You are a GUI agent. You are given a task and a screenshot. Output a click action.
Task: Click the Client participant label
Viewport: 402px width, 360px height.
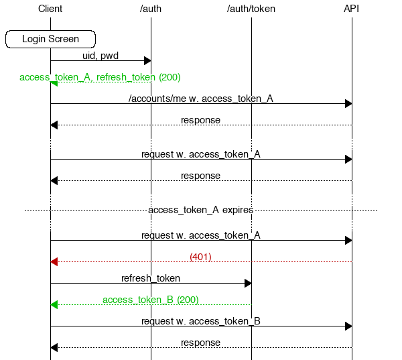(50, 9)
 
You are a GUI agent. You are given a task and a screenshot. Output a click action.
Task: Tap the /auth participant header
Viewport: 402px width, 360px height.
(151, 9)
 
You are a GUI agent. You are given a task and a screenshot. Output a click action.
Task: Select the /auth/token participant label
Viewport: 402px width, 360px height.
(251, 9)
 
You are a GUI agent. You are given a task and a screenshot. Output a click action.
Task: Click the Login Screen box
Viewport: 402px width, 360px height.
(50, 39)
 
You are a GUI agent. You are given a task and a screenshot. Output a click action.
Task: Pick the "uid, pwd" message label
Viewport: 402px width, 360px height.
(100, 56)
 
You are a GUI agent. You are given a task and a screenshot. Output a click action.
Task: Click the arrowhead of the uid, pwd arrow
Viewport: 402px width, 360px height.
(147, 61)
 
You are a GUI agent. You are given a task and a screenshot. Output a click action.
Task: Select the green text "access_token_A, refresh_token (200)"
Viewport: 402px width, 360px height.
(100, 77)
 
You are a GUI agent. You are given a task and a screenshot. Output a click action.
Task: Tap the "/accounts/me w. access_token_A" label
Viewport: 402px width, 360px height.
(201, 99)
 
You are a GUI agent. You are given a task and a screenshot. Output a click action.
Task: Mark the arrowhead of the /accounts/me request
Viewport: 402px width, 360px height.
(348, 104)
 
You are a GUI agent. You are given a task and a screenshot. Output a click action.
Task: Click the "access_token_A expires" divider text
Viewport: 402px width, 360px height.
(201, 210)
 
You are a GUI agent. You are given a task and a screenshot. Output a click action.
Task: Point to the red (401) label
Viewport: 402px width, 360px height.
(201, 257)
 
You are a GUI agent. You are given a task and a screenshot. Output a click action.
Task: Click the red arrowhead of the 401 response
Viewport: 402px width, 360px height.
(54, 261)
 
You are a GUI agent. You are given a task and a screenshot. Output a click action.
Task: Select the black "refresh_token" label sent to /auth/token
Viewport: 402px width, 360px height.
(151, 278)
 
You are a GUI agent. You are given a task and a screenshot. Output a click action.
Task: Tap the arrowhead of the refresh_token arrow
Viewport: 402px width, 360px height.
(248, 283)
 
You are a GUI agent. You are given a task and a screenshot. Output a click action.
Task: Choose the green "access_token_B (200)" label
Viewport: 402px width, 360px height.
(151, 300)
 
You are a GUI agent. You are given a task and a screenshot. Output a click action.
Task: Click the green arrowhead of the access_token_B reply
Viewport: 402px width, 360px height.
(54, 304)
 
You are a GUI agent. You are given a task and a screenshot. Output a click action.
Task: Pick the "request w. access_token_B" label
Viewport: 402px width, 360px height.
(201, 321)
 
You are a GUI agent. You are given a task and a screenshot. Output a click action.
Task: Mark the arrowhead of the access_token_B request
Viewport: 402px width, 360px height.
(348, 326)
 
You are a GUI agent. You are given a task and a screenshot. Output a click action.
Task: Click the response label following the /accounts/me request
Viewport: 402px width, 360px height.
(200, 120)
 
